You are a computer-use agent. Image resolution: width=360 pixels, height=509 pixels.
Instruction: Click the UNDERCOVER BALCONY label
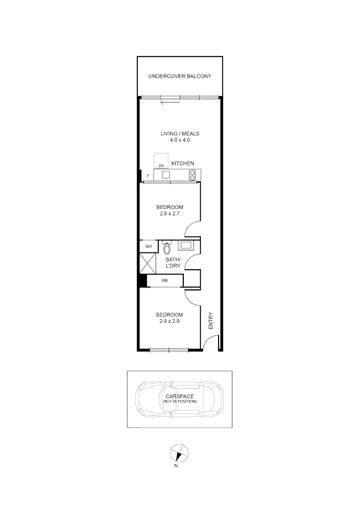[x=180, y=76]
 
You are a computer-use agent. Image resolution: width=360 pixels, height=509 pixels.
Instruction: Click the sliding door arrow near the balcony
[x=170, y=101]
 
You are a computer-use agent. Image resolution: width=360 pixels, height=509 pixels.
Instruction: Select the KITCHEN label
[x=182, y=164]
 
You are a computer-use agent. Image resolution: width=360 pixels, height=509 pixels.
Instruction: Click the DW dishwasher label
[x=161, y=166]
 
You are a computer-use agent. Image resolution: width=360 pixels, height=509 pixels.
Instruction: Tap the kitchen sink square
[x=166, y=175]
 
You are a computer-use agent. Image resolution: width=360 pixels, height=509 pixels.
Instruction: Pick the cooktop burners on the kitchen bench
[x=192, y=175]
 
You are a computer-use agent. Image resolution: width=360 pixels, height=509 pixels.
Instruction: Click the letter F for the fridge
[x=148, y=176]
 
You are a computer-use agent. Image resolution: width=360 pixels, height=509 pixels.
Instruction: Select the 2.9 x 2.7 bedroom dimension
[x=170, y=213]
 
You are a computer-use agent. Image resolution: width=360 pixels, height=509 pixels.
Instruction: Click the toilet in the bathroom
[x=166, y=247]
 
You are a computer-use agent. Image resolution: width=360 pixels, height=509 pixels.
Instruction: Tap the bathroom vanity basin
[x=186, y=245]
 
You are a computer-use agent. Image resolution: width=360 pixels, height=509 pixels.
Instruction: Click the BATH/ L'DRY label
[x=173, y=263]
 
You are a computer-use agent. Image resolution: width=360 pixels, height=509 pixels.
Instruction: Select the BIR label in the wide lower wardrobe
[x=165, y=280]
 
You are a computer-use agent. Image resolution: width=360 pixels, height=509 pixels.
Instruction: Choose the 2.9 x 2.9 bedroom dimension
[x=170, y=321]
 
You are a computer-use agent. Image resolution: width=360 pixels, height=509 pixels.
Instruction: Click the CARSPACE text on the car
[x=180, y=396]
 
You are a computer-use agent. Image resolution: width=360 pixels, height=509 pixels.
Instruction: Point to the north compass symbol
[x=179, y=453]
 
